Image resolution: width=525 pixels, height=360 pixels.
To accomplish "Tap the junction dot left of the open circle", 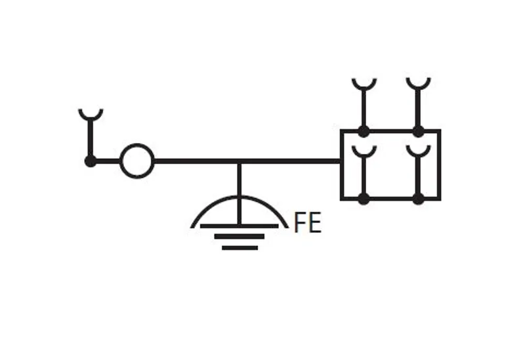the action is [x=91, y=161].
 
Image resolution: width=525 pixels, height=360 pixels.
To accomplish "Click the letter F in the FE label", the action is [x=299, y=222].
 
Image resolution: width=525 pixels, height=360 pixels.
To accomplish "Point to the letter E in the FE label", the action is [x=315, y=222].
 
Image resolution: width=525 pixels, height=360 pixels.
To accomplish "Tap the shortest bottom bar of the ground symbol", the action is [x=240, y=248].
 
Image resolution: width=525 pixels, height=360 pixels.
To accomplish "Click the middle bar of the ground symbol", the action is [x=240, y=237].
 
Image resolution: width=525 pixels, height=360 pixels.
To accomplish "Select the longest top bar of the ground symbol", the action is [x=240, y=226].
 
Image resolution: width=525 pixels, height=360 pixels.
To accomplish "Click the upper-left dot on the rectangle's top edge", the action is [x=364, y=132].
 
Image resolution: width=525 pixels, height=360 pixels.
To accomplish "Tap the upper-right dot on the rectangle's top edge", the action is [x=418, y=132].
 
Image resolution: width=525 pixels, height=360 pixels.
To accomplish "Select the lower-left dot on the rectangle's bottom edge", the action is [x=364, y=199].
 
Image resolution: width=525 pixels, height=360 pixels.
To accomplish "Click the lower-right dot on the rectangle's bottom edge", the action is [x=418, y=199].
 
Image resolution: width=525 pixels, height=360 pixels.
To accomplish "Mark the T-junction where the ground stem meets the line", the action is [x=239, y=161].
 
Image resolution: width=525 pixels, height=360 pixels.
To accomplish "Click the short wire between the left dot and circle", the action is [x=108, y=161].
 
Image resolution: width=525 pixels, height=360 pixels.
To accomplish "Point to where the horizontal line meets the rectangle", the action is [x=341, y=161].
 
